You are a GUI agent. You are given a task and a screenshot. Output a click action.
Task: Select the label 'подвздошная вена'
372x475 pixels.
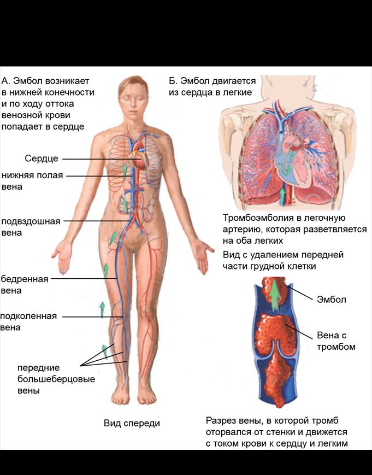click(31, 227)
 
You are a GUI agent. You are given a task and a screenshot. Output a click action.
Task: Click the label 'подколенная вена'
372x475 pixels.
click(28, 321)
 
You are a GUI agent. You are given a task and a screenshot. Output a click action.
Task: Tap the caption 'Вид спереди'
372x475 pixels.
click(132, 423)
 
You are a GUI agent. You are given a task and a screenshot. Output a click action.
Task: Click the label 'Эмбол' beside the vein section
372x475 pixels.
click(332, 300)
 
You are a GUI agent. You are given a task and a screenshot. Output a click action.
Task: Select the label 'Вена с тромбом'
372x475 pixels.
click(336, 341)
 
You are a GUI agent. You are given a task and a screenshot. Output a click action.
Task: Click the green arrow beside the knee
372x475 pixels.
click(102, 309)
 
